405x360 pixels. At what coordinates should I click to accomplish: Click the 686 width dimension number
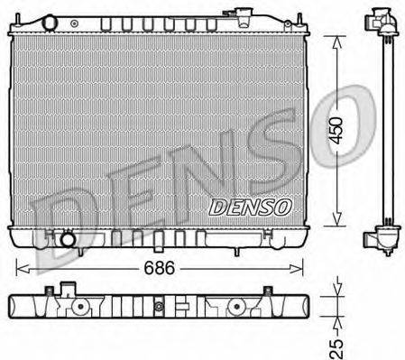161,268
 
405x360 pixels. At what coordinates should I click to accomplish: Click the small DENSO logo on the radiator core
251,207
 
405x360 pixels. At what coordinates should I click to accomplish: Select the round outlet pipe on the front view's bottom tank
67,241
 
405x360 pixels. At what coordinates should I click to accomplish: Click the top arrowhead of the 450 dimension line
337,41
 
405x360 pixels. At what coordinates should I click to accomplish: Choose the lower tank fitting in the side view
379,240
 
